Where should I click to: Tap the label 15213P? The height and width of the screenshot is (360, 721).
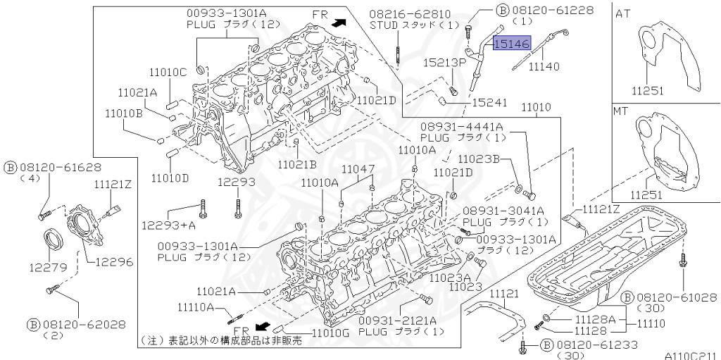pos(446,63)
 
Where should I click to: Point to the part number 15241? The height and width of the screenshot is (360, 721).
pos(489,103)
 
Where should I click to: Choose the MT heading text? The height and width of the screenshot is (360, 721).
pos(621,111)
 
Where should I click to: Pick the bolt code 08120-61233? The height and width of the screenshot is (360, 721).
pos(588,345)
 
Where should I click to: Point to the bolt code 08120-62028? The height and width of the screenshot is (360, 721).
pos(76,325)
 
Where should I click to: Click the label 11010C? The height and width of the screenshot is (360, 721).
pos(168,71)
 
